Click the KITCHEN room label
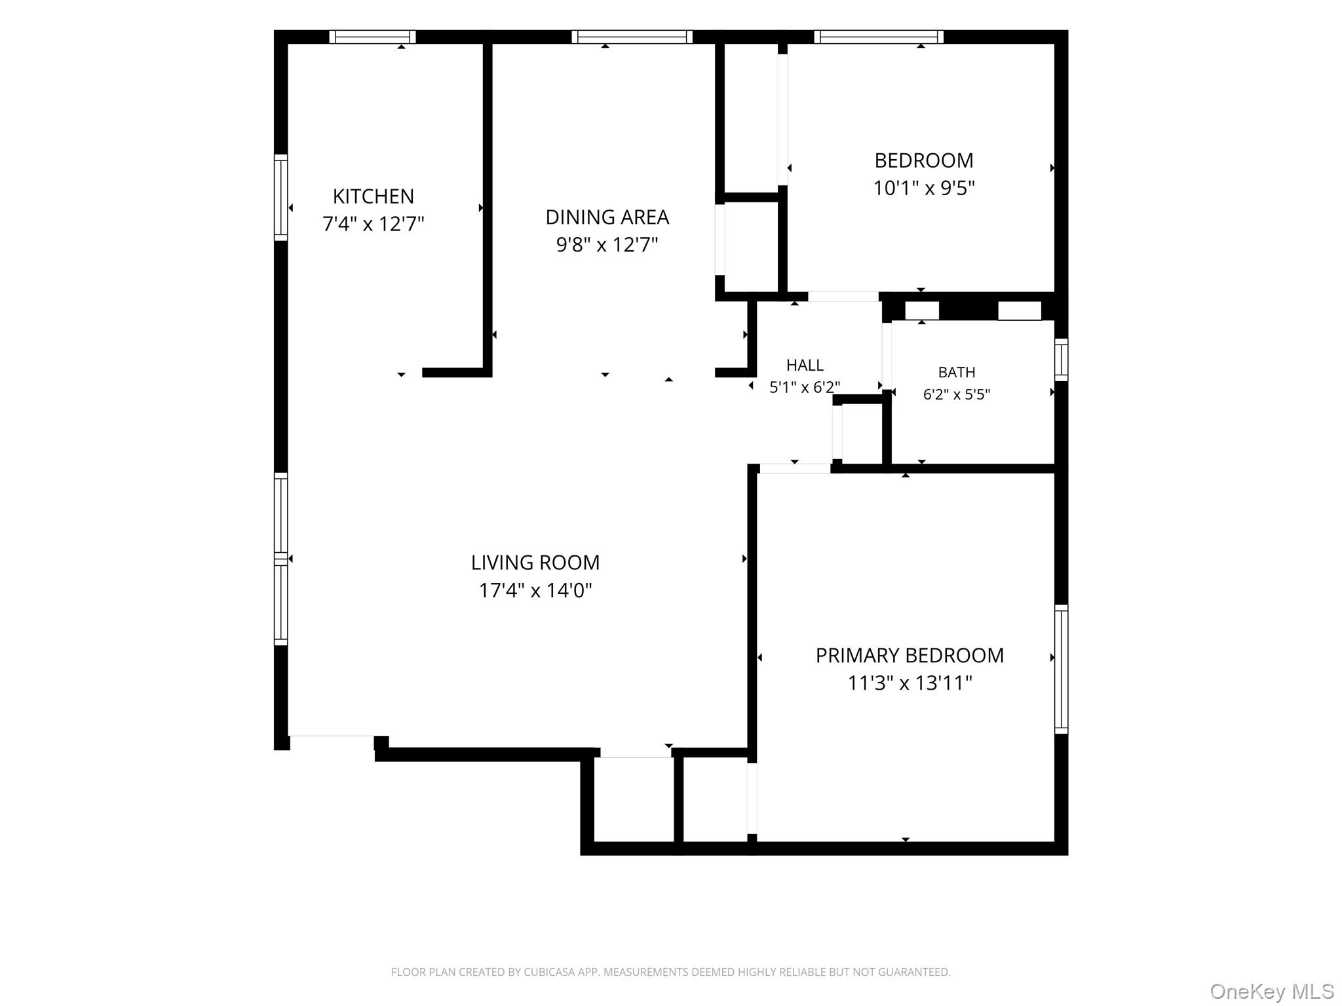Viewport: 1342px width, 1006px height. [373, 196]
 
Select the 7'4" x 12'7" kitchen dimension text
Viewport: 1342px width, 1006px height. [373, 224]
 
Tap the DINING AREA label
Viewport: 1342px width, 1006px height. [607, 217]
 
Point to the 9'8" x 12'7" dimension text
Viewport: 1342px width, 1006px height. [607, 245]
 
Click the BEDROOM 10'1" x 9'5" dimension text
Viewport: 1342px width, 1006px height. [924, 189]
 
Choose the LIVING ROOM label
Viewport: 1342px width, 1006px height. [535, 563]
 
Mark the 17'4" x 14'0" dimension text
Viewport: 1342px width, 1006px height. [535, 591]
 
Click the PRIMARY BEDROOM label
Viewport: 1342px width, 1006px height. [910, 656]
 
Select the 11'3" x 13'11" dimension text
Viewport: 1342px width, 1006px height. [910, 684]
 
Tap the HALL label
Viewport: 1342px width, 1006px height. [805, 365]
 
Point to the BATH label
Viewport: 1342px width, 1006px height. [957, 373]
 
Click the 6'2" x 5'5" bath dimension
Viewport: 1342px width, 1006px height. [957, 394]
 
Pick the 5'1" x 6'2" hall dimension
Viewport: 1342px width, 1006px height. [805, 387]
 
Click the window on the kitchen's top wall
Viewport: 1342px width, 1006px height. [372, 37]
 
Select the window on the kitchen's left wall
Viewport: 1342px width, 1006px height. [280, 198]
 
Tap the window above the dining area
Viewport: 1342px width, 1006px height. [632, 37]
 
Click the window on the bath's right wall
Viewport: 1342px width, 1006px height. [1061, 360]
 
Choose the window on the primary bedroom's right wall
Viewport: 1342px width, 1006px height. [1061, 669]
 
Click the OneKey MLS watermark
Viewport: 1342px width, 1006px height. [1272, 992]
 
